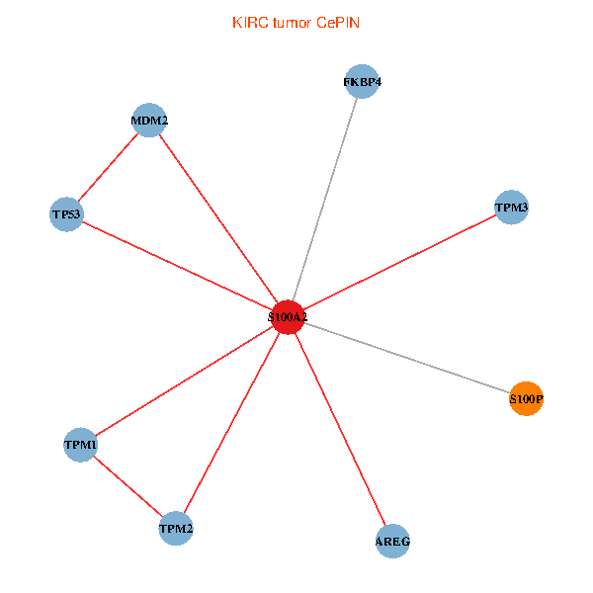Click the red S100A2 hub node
pyautogui.click(x=288, y=317)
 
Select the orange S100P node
pyautogui.click(x=526, y=398)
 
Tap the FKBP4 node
pyautogui.click(x=363, y=81)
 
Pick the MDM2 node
pyautogui.click(x=149, y=120)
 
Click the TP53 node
pyautogui.click(x=66, y=214)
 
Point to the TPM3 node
pyautogui.click(x=511, y=208)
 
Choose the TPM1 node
pyautogui.click(x=80, y=445)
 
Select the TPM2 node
pyautogui.click(x=176, y=529)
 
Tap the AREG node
pyautogui.click(x=392, y=542)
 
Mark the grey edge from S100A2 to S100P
pyautogui.click(x=407, y=358)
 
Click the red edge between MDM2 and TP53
pyautogui.click(x=108, y=167)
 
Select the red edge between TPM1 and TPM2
pyautogui.click(x=128, y=486)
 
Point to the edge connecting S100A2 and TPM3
pyautogui.click(x=399, y=262)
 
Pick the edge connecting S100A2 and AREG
pyautogui.click(x=340, y=429)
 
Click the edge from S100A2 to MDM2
pyautogui.click(x=218, y=218)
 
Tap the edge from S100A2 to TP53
pyautogui.click(x=177, y=266)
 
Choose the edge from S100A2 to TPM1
pyautogui.click(x=184, y=381)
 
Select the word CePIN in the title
pyautogui.click(x=338, y=23)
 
